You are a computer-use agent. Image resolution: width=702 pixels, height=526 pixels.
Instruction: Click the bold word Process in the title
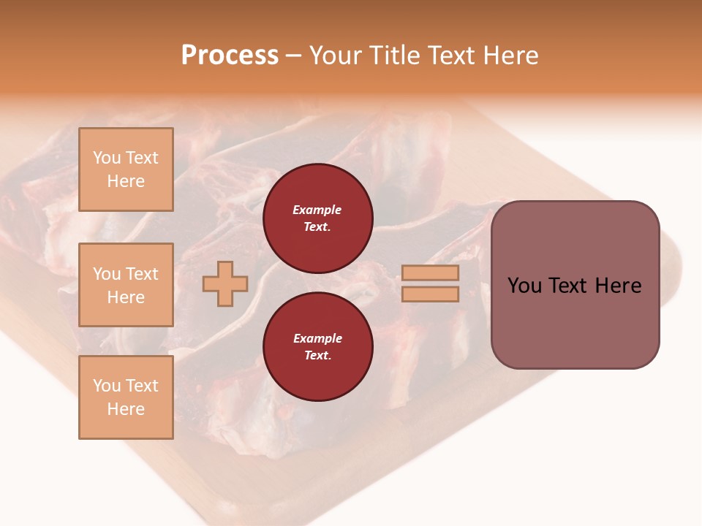click(x=230, y=56)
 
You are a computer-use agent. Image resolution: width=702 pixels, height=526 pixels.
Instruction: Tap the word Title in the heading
click(x=393, y=56)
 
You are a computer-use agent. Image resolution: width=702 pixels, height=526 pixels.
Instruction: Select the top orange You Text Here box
click(x=126, y=169)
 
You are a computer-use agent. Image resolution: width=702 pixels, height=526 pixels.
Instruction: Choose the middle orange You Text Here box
click(x=126, y=285)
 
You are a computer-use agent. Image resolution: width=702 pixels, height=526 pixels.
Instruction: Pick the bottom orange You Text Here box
click(x=126, y=397)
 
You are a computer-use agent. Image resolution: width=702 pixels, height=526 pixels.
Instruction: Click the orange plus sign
click(x=225, y=283)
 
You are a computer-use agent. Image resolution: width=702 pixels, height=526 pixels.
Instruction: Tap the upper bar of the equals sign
click(x=430, y=273)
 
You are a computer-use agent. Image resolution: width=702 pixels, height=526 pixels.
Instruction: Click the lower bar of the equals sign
click(x=430, y=294)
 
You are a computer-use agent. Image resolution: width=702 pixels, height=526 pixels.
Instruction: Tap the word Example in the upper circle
click(x=317, y=210)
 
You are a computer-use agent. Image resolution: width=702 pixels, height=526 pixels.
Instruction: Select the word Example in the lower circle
click(x=317, y=339)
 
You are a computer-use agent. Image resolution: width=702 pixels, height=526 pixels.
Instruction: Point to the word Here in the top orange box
click(x=126, y=181)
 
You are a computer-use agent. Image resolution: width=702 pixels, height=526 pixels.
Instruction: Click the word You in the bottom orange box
click(x=107, y=386)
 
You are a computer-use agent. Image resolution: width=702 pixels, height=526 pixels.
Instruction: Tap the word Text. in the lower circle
click(x=317, y=356)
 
